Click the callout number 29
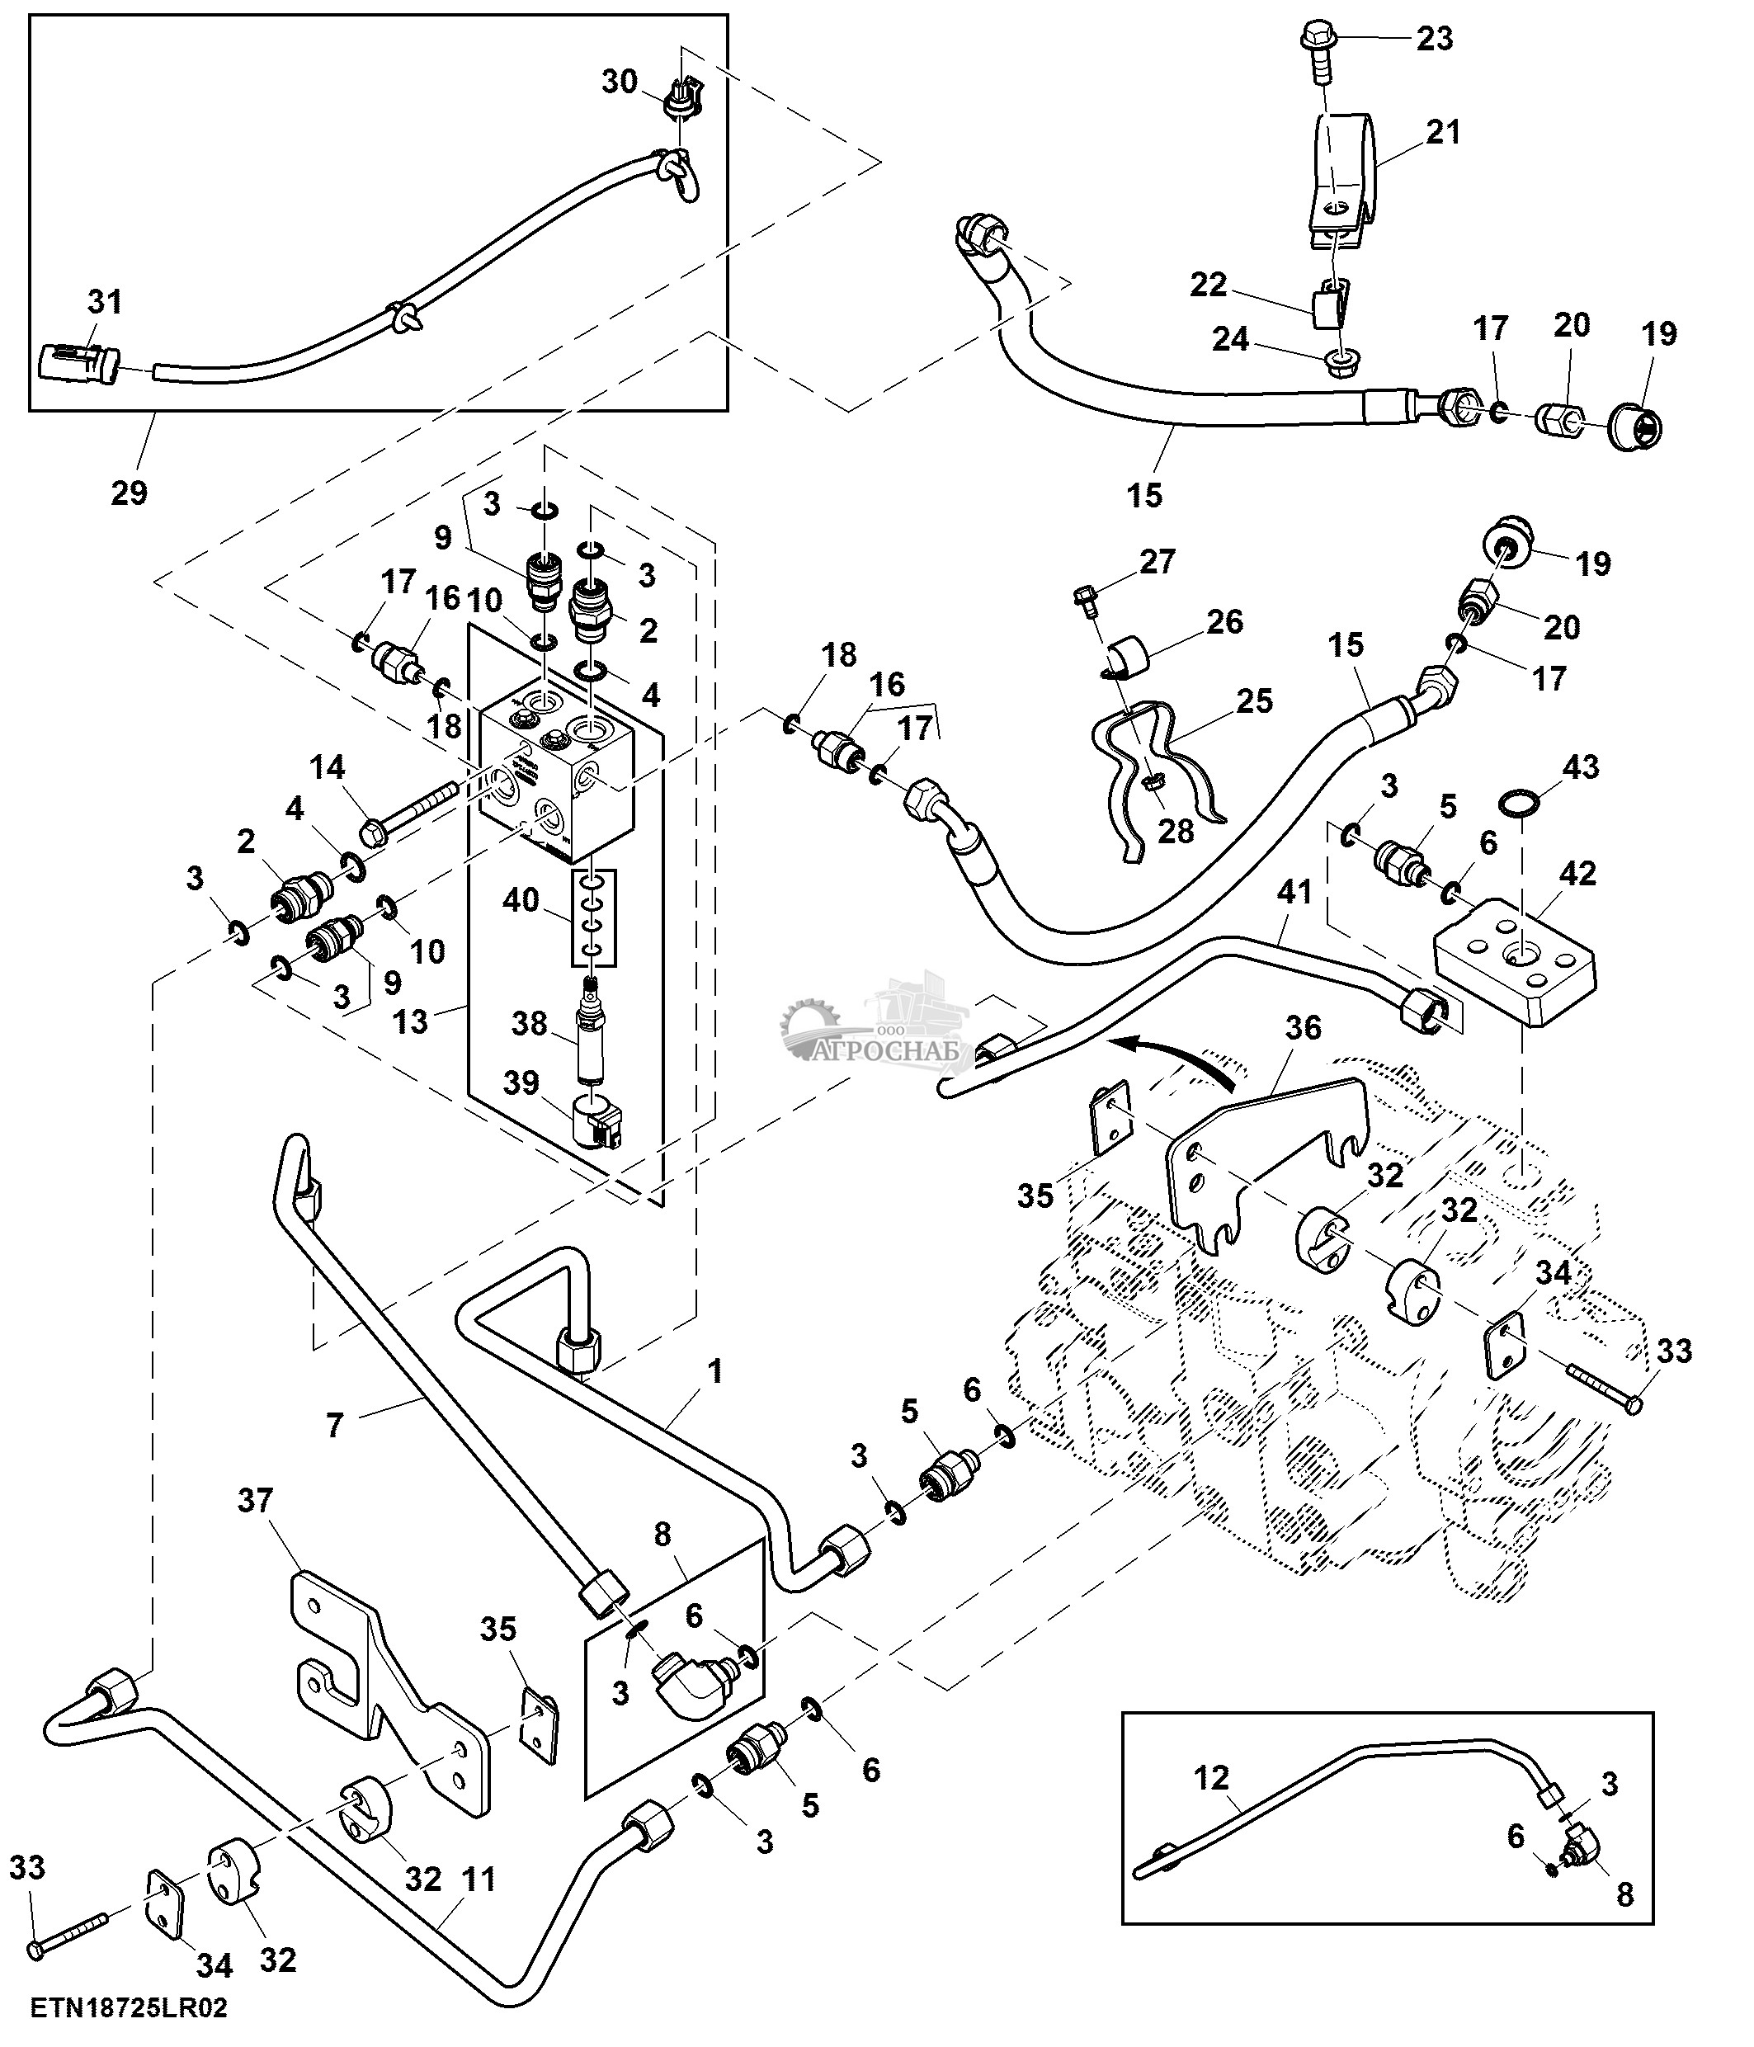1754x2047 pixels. (x=129, y=492)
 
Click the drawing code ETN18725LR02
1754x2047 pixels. (x=129, y=2008)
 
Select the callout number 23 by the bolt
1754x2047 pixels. (x=1434, y=39)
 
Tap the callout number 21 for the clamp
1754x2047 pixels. (x=1443, y=131)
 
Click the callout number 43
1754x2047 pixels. (x=1580, y=766)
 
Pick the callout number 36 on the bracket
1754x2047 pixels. (x=1303, y=1027)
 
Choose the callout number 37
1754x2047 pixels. (x=255, y=1501)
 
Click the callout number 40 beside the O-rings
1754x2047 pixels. (x=521, y=900)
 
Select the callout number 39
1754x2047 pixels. (x=521, y=1084)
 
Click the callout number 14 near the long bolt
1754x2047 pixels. (x=328, y=766)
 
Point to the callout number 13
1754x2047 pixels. (x=410, y=1021)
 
